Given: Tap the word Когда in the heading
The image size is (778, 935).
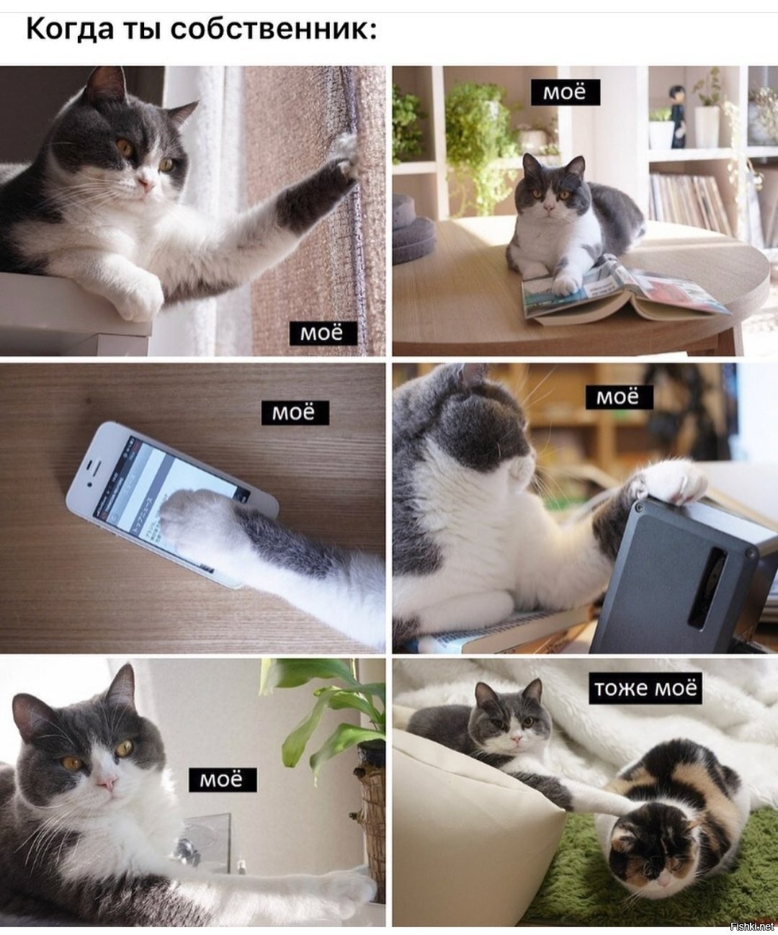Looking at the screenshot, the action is click(69, 30).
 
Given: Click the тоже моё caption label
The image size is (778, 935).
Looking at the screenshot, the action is click(645, 688).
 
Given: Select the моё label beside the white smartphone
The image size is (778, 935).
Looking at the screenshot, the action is click(295, 413).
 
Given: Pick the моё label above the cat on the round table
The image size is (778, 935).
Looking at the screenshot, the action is click(565, 93).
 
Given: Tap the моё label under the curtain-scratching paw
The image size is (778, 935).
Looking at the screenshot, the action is click(323, 334).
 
